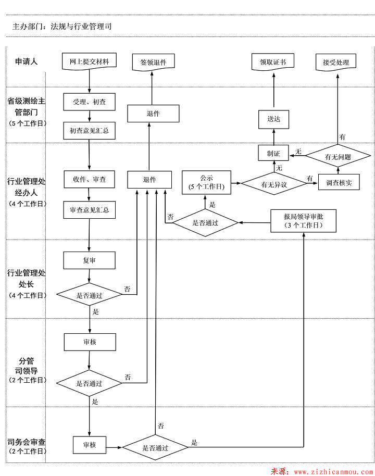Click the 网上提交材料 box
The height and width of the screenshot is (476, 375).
click(89, 61)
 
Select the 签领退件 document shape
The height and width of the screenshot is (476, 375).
click(153, 62)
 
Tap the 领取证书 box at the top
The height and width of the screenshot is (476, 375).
click(272, 62)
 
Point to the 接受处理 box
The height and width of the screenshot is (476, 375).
click(336, 62)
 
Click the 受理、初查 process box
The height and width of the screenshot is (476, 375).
click(89, 102)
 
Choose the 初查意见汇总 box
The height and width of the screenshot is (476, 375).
click(89, 131)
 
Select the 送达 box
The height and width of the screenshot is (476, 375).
click(273, 119)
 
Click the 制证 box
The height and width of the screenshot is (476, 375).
click(273, 153)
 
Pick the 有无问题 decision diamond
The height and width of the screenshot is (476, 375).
click(337, 156)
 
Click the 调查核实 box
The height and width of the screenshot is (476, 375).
click(339, 183)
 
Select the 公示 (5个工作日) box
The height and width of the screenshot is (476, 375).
click(207, 182)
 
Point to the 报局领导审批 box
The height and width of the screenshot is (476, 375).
click(303, 221)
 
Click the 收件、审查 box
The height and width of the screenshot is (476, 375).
click(89, 179)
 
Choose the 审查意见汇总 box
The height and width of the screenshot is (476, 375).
click(89, 210)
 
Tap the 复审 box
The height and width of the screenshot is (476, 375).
click(89, 260)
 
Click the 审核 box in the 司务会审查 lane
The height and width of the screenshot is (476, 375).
click(90, 445)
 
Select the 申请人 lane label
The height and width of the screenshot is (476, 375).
click(26, 61)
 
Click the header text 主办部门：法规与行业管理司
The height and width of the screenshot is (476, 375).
click(62, 26)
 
